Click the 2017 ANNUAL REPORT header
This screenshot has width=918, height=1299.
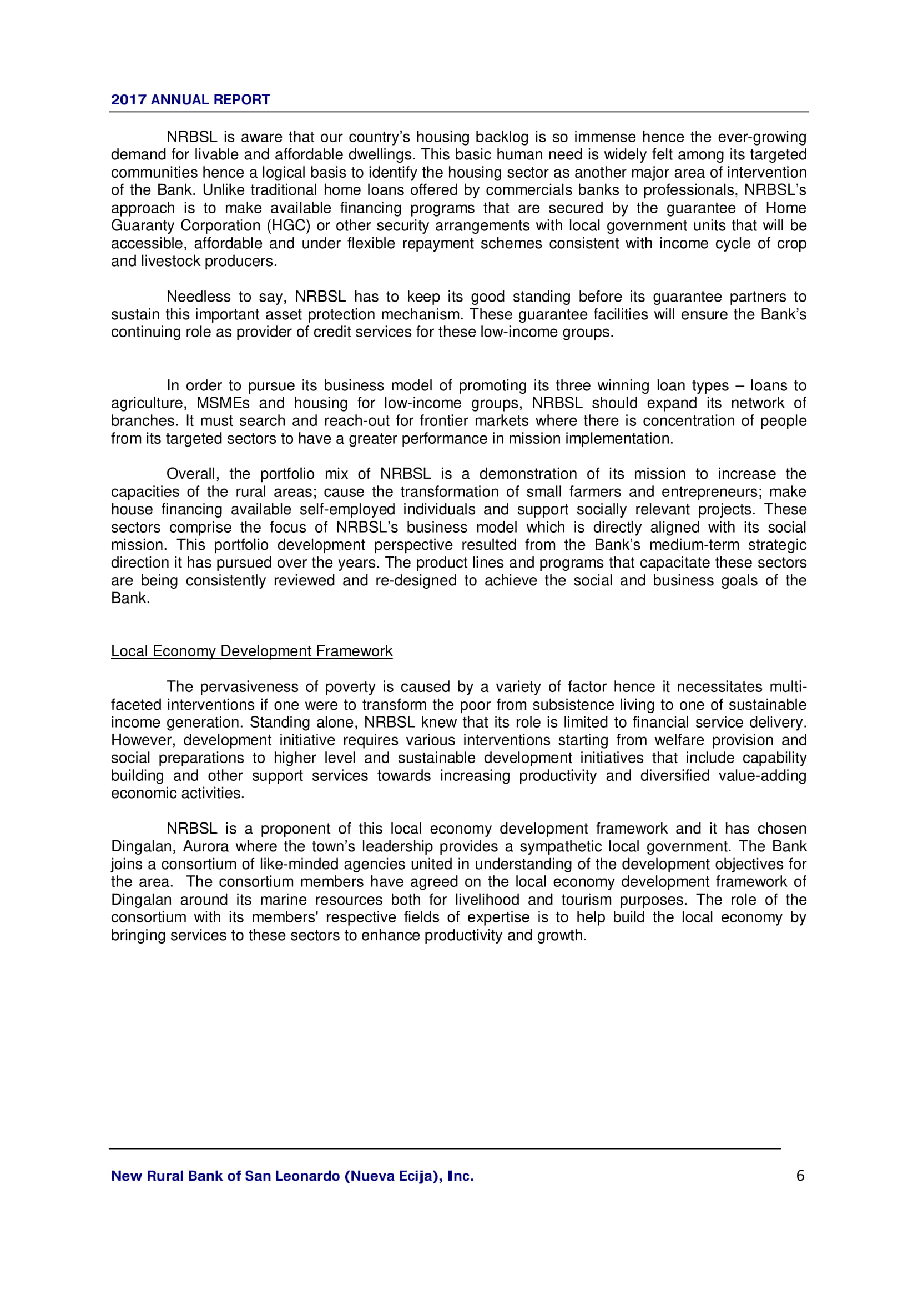190,100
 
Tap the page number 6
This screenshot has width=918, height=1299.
800,1176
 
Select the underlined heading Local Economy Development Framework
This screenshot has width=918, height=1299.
251,651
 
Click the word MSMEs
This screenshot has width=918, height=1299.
223,403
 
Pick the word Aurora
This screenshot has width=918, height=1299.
205,846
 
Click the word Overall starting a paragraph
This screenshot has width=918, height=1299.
192,474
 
